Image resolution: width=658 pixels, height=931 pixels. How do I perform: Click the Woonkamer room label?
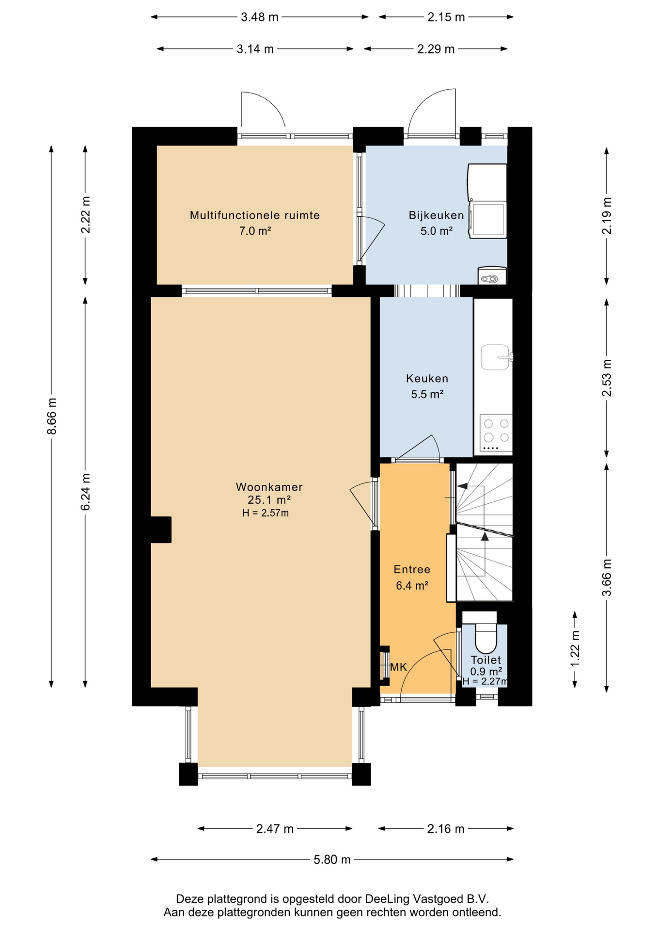[269, 486]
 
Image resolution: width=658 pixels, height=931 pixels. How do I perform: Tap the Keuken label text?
[427, 378]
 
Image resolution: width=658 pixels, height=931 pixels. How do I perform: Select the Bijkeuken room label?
[436, 215]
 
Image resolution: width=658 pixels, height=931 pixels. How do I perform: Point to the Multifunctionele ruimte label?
[255, 215]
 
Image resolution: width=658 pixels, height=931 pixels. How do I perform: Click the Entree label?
[412, 569]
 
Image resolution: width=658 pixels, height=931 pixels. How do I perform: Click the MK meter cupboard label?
[399, 667]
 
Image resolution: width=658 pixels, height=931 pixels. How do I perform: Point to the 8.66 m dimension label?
[52, 416]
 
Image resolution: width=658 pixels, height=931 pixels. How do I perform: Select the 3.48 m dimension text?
[260, 17]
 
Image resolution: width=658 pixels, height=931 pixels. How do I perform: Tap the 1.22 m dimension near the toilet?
[575, 648]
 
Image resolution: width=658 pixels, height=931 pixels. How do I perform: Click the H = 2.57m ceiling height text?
[266, 513]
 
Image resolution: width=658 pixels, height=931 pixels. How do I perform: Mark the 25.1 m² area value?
[269, 500]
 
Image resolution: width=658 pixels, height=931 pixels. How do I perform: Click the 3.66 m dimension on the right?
[607, 578]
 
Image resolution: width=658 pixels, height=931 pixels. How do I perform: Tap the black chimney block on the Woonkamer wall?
[161, 530]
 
